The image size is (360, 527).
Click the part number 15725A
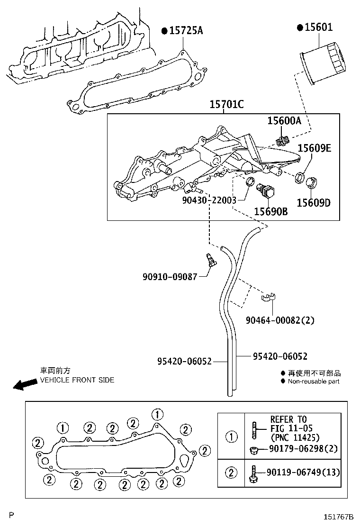click(186, 31)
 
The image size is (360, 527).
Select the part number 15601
click(319, 27)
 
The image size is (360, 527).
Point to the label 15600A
click(284, 121)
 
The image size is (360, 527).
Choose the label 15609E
click(314, 148)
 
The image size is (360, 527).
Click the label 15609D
click(313, 203)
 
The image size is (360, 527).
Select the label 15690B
click(270, 211)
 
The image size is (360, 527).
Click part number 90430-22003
click(209, 200)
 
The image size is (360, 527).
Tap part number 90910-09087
click(170, 276)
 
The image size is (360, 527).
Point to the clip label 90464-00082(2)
click(279, 320)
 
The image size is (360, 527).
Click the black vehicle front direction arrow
click(25, 384)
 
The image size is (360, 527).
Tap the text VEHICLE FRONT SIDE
click(77, 380)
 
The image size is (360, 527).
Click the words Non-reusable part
click(313, 382)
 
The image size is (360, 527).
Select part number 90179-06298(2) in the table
click(303, 449)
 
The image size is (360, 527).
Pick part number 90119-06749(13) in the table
click(303, 472)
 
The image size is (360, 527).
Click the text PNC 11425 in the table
click(295, 437)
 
